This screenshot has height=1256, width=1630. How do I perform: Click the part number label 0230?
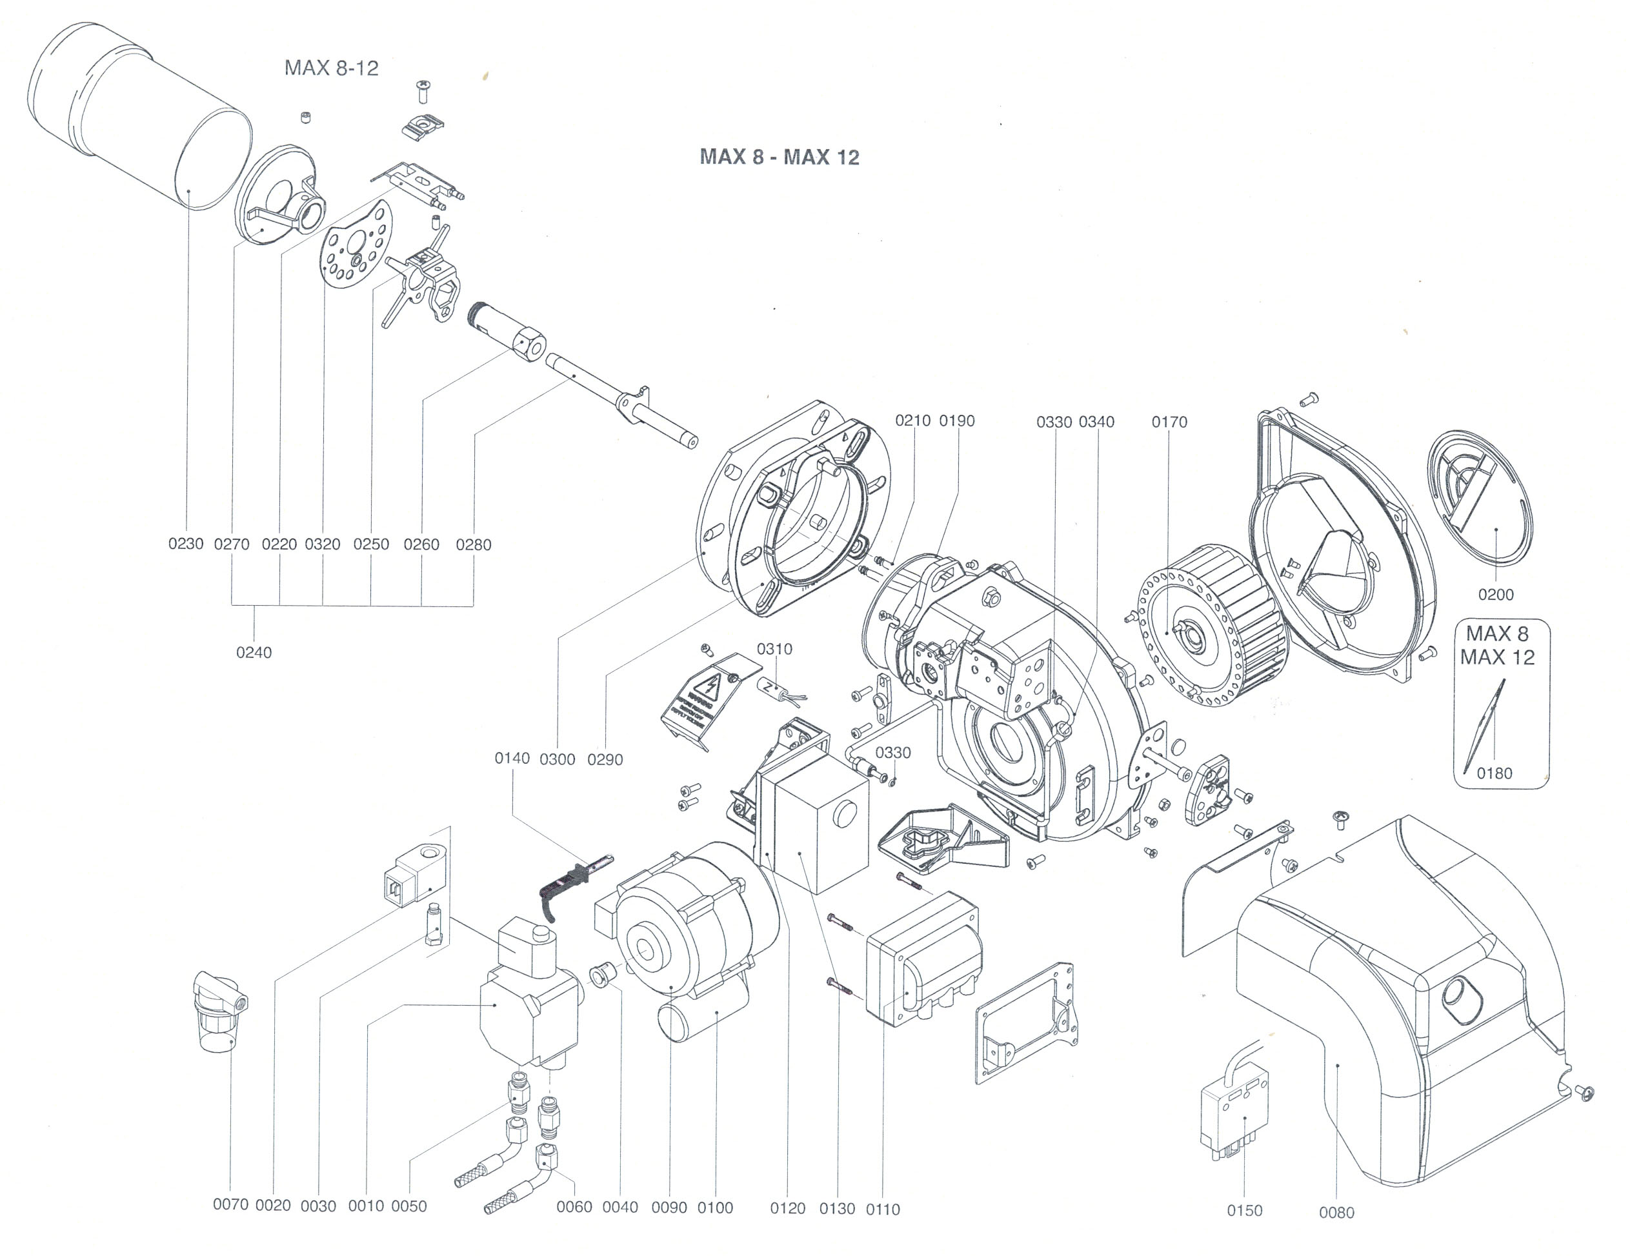(x=186, y=544)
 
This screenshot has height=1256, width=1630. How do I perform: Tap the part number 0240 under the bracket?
(x=254, y=652)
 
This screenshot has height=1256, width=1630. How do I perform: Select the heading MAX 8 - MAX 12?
(x=779, y=157)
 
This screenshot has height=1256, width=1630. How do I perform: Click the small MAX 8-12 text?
(x=332, y=68)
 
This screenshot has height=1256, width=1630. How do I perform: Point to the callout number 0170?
(x=1169, y=422)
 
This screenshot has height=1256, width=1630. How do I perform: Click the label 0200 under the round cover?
(x=1496, y=595)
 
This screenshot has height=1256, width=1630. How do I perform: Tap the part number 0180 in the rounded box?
(x=1494, y=773)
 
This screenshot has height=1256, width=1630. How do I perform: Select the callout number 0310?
(x=775, y=649)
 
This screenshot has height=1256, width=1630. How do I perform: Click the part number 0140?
(x=512, y=758)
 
